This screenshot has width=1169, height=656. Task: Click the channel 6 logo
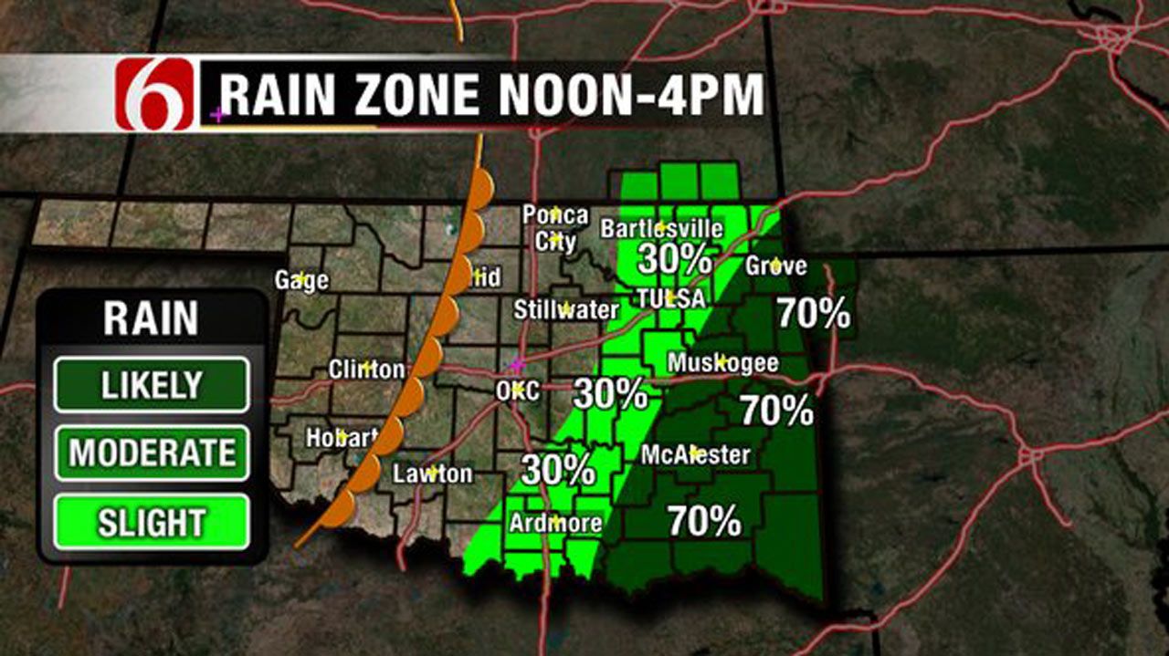point(154,94)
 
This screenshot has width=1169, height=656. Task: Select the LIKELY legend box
point(151,385)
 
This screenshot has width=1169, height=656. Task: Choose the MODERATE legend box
point(151,453)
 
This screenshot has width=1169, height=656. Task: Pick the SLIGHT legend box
point(151,523)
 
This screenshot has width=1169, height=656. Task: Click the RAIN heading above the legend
point(151,319)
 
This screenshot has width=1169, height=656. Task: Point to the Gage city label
point(301,280)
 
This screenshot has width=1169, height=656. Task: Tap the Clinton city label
point(366,370)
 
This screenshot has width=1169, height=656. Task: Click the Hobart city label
point(341,438)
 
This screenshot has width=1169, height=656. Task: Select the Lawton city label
point(432,474)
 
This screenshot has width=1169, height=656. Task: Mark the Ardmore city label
point(556,524)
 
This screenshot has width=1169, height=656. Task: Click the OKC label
point(517,390)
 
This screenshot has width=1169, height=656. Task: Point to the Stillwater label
point(565,309)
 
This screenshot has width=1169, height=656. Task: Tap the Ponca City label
point(555,228)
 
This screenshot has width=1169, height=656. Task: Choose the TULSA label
point(671,298)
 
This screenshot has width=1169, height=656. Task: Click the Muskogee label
point(722,363)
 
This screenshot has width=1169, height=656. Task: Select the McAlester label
point(695,453)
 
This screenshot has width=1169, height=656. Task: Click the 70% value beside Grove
point(813,313)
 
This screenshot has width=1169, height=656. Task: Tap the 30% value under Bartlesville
point(674,260)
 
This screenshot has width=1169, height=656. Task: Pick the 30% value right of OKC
point(610,394)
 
